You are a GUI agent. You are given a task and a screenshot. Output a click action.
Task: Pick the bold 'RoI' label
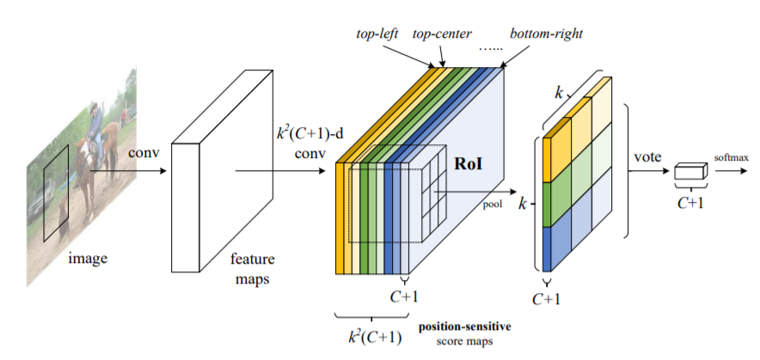(x=469, y=160)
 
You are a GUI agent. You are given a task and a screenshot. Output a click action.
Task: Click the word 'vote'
(x=646, y=158)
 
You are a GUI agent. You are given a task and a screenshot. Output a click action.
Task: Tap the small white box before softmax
(x=690, y=172)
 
